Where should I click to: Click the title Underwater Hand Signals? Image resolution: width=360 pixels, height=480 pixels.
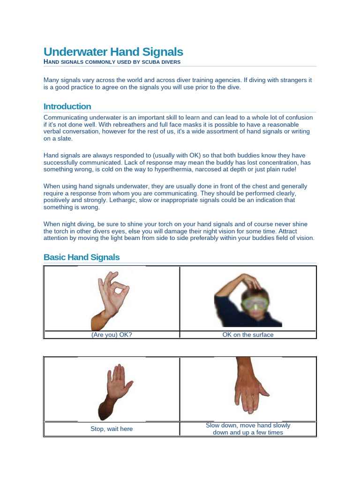point(113,52)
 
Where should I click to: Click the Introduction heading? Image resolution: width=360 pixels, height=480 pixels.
point(67,106)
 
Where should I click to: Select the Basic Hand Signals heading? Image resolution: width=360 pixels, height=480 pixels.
point(82,257)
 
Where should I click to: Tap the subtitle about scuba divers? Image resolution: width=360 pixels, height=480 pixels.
point(112,62)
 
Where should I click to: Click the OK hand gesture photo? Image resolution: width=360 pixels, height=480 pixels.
point(111,300)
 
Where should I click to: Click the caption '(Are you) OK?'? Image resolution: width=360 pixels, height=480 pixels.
point(112,335)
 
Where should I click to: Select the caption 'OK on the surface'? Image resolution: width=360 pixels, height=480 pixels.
point(248,335)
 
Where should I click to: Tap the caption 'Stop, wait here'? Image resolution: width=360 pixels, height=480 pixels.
point(112,429)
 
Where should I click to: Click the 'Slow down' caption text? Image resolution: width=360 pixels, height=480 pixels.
point(248,426)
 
